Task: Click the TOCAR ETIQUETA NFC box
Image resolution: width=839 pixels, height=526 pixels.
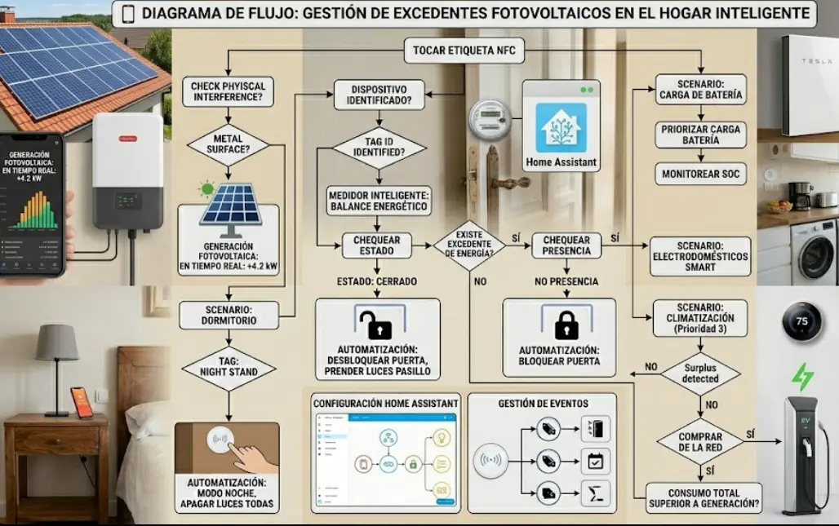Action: point(464,51)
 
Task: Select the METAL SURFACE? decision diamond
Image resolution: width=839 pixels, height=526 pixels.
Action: point(229,144)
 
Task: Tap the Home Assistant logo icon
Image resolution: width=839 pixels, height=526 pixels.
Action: point(561,127)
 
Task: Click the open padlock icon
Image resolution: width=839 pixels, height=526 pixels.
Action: point(378,324)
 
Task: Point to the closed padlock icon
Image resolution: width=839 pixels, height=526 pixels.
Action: point(566,324)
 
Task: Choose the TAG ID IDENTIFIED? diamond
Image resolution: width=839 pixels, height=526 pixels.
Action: point(379,150)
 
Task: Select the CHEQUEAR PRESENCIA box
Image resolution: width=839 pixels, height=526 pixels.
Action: point(566,245)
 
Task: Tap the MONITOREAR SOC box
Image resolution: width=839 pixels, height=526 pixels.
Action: point(699,173)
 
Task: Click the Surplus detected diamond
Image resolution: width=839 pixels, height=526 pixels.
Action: point(699,374)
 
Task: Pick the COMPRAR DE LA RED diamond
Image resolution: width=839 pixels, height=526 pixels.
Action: point(699,442)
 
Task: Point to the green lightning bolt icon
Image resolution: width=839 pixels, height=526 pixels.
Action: point(803,376)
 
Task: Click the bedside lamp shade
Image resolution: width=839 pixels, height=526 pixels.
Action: point(57,343)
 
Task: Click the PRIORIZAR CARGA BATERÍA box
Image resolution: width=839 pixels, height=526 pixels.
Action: point(699,135)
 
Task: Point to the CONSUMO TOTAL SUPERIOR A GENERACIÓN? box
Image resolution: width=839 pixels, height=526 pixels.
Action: point(703,498)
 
